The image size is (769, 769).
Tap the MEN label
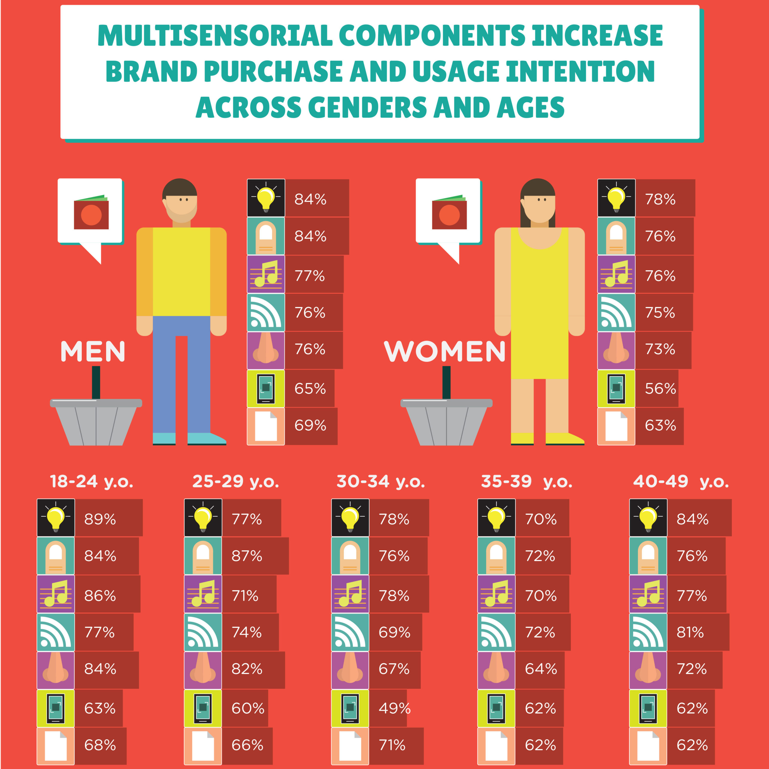click(x=93, y=351)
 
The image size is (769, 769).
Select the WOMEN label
click(x=445, y=351)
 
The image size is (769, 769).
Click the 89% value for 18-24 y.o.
click(x=100, y=519)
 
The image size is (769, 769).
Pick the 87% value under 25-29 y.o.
click(x=247, y=556)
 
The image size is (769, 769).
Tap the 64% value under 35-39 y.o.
click(x=540, y=669)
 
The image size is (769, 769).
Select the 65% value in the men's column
click(x=310, y=388)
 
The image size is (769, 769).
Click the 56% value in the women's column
click(x=660, y=388)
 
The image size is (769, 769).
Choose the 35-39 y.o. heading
click(x=527, y=482)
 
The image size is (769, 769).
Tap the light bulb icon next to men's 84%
click(x=266, y=198)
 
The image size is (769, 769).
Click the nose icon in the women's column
click(x=616, y=350)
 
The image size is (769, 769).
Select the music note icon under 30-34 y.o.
click(x=350, y=594)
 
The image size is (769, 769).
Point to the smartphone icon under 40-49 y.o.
click(x=648, y=708)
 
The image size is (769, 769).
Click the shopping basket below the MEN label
click(x=96, y=422)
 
